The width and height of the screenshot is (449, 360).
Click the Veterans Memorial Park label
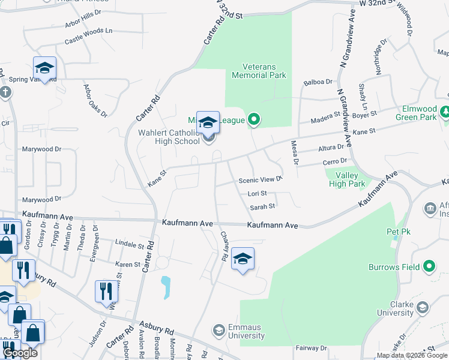[x=259, y=71]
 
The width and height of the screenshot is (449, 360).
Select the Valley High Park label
[x=347, y=179]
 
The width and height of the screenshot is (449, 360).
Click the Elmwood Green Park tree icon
[x=445, y=112]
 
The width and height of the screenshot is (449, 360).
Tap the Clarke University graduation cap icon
[x=423, y=308]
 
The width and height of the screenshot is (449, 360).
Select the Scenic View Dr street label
[x=261, y=179]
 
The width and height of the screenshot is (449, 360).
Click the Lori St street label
[x=257, y=194]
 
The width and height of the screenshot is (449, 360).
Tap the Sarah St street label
[x=262, y=206]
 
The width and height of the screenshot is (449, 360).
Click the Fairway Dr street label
[x=311, y=348]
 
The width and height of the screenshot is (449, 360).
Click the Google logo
[x=19, y=353]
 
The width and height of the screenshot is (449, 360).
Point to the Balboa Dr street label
[x=318, y=82]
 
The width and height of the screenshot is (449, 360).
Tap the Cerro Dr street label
[x=335, y=161]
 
